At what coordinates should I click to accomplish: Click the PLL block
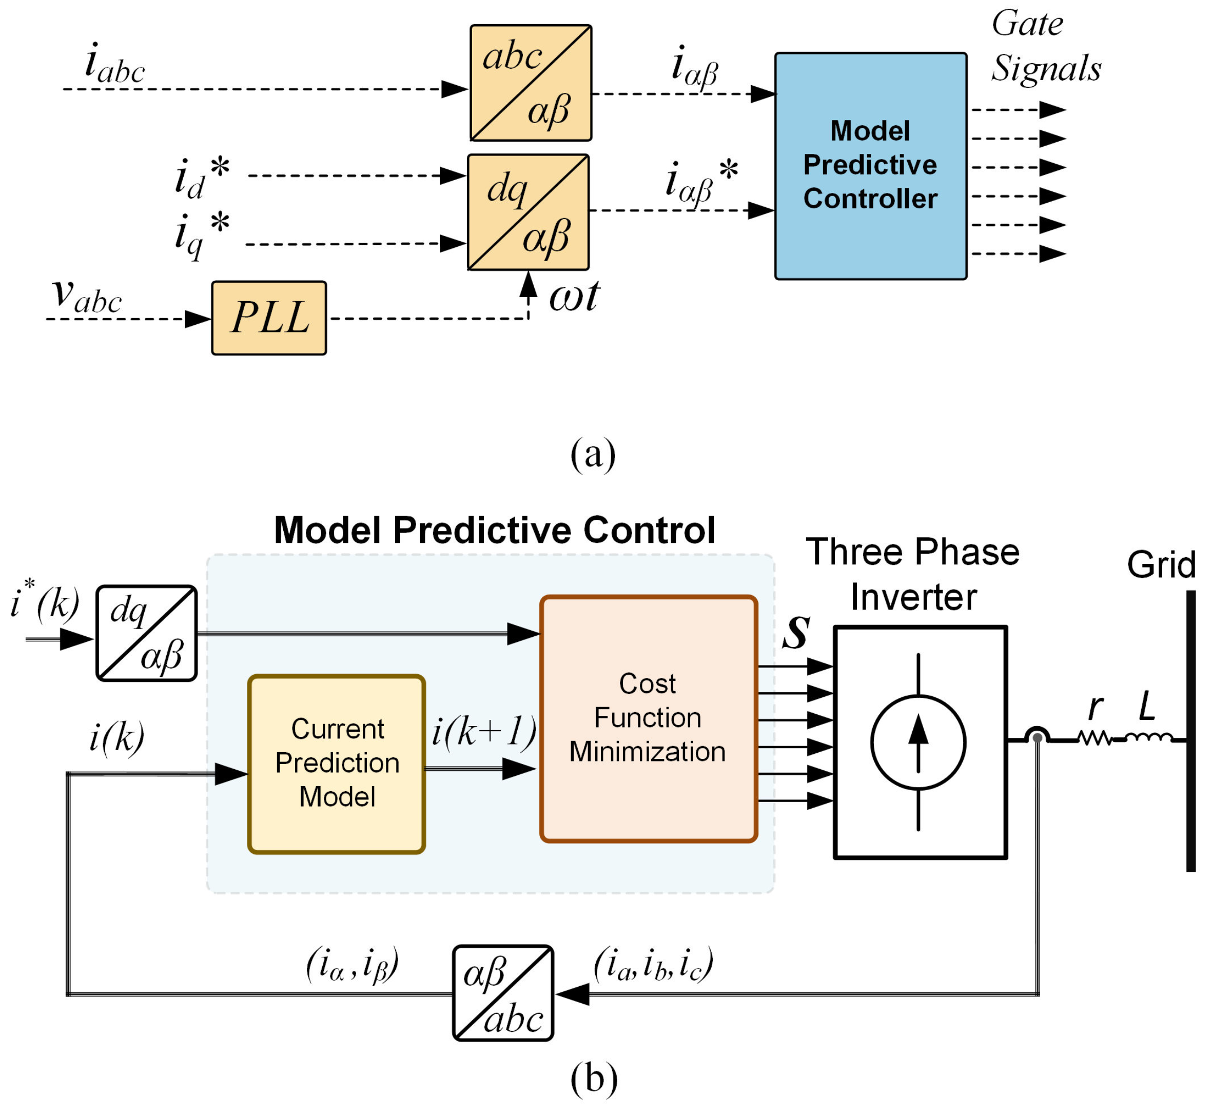tap(269, 318)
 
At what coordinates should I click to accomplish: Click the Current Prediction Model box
tap(337, 764)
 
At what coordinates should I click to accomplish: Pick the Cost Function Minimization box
tap(649, 718)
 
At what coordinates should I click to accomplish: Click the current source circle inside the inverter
tap(917, 742)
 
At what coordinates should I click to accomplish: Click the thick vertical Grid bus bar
tap(1190, 731)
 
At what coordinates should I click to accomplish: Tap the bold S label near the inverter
tap(796, 632)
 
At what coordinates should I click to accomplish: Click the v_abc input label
tap(87, 296)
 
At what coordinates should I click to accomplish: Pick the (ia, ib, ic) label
tap(653, 964)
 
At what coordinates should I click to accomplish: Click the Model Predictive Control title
tap(495, 531)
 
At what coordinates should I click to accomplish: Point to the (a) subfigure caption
tap(593, 454)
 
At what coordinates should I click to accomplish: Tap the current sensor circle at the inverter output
tap(1037, 737)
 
